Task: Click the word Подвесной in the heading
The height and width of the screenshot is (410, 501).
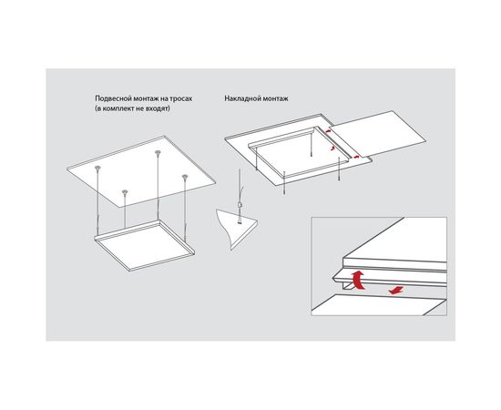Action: tap(109, 98)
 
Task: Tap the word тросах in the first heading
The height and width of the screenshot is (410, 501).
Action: tap(182, 99)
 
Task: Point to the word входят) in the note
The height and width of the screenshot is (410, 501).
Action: tap(159, 108)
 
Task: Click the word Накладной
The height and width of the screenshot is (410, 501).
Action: tap(240, 98)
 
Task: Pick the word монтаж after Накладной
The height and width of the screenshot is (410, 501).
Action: tap(272, 98)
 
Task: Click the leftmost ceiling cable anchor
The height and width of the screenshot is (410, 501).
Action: tap(97, 168)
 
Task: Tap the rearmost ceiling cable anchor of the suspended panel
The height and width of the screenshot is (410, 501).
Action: tap(158, 152)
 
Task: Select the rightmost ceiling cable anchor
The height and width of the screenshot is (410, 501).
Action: tap(184, 176)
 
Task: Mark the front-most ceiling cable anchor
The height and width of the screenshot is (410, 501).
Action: tap(125, 191)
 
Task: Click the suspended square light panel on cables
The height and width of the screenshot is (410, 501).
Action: tap(145, 245)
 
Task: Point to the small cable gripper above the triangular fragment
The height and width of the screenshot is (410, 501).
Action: tap(239, 205)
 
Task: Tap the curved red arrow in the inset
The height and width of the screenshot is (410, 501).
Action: tap(358, 280)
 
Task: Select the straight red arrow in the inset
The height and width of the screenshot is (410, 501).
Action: tap(395, 291)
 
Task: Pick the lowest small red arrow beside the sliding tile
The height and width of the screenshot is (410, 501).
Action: tap(356, 157)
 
